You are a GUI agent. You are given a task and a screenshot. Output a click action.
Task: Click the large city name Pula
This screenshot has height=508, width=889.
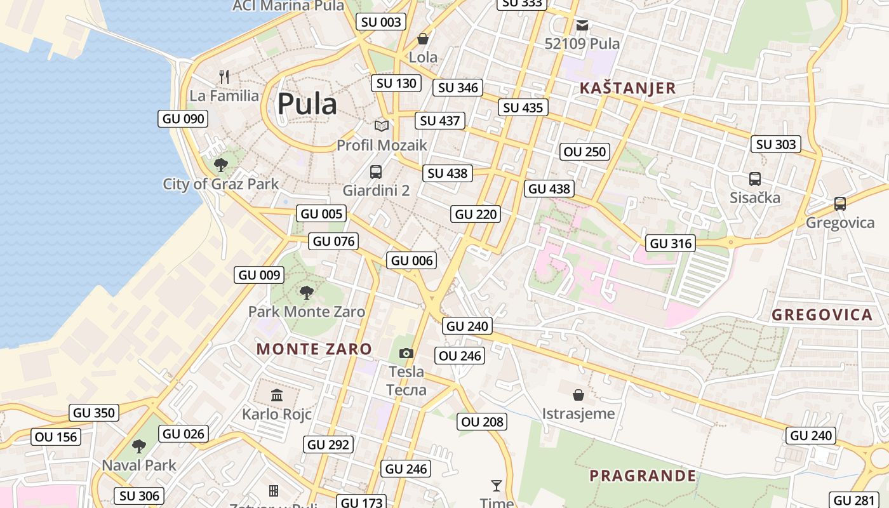[x=307, y=104]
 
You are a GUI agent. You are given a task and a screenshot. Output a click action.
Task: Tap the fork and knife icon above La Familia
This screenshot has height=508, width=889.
[x=224, y=77]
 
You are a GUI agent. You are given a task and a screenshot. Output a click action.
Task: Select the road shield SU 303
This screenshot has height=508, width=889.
[x=776, y=144]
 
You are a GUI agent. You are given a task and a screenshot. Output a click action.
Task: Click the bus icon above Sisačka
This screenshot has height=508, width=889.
[x=754, y=179]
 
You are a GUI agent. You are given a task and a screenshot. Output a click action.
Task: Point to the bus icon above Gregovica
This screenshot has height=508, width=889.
[x=839, y=204]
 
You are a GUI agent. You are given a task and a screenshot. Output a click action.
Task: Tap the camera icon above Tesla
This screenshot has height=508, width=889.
[x=406, y=353]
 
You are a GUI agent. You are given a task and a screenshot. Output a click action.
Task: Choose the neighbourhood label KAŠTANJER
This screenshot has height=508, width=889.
[x=627, y=88]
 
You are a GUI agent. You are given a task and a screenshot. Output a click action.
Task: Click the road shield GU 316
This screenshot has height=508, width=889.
[x=671, y=243]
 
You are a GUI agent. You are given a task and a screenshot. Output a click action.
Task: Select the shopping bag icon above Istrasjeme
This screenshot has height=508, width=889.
[x=578, y=395]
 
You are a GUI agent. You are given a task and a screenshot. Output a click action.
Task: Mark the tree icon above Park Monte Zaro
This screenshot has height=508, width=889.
[x=307, y=293]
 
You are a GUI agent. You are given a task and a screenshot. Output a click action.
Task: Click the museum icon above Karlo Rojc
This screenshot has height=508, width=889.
[x=277, y=396]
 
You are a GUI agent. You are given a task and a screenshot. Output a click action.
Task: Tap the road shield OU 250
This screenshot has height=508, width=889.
[x=585, y=152]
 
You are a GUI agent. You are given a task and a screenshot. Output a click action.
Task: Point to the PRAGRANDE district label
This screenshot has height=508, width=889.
[x=643, y=476]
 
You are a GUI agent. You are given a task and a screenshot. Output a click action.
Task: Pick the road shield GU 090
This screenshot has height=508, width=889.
[x=183, y=119]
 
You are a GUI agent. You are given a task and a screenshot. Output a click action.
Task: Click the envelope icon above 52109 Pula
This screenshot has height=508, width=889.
[x=582, y=25]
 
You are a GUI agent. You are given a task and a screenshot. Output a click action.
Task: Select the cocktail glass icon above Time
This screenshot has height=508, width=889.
[x=497, y=486]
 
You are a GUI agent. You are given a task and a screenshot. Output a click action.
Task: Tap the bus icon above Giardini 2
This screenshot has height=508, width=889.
[x=376, y=171]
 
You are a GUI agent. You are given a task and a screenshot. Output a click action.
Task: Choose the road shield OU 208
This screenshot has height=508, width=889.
[x=482, y=422]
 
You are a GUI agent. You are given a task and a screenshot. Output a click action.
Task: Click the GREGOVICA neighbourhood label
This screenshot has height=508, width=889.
[x=822, y=315]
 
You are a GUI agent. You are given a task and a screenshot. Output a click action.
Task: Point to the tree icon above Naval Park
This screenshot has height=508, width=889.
[x=138, y=446]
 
